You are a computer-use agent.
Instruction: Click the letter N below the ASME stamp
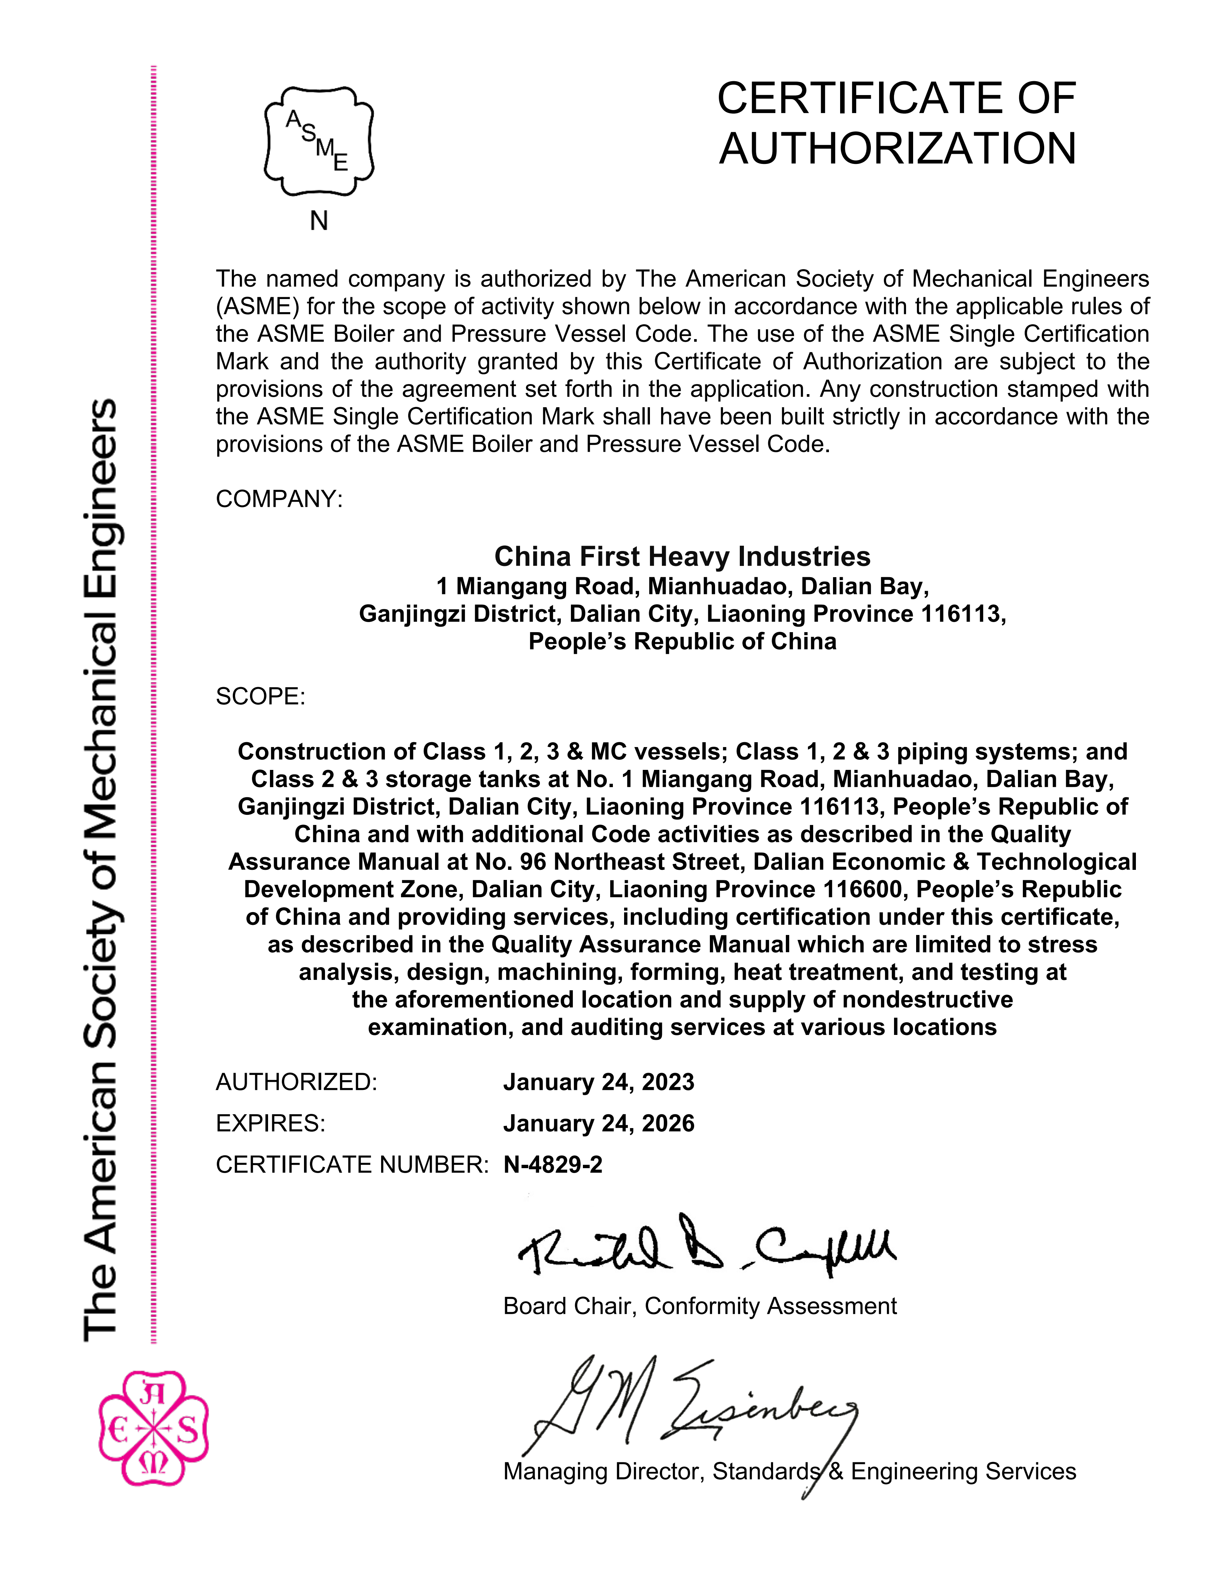click(319, 221)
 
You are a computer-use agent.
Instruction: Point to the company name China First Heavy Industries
click(682, 556)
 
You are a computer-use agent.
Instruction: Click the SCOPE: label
click(261, 697)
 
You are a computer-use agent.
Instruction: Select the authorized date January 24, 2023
click(599, 1081)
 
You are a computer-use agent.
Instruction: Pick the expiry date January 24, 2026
click(599, 1123)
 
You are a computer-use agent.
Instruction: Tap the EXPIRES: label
click(271, 1123)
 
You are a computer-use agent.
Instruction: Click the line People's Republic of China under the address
click(682, 642)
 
